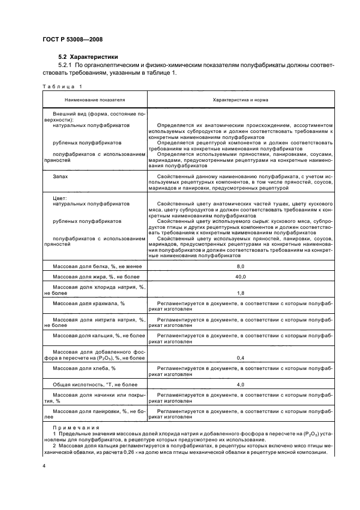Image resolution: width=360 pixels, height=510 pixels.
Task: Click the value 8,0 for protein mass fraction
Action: coord(240,265)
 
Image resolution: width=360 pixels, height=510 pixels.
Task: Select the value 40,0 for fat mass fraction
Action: coord(240,277)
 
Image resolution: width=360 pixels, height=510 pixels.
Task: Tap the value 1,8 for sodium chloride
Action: coord(240,293)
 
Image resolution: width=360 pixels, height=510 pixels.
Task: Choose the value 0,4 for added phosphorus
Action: coord(240,358)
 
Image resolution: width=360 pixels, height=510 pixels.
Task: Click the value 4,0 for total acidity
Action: coord(240,385)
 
